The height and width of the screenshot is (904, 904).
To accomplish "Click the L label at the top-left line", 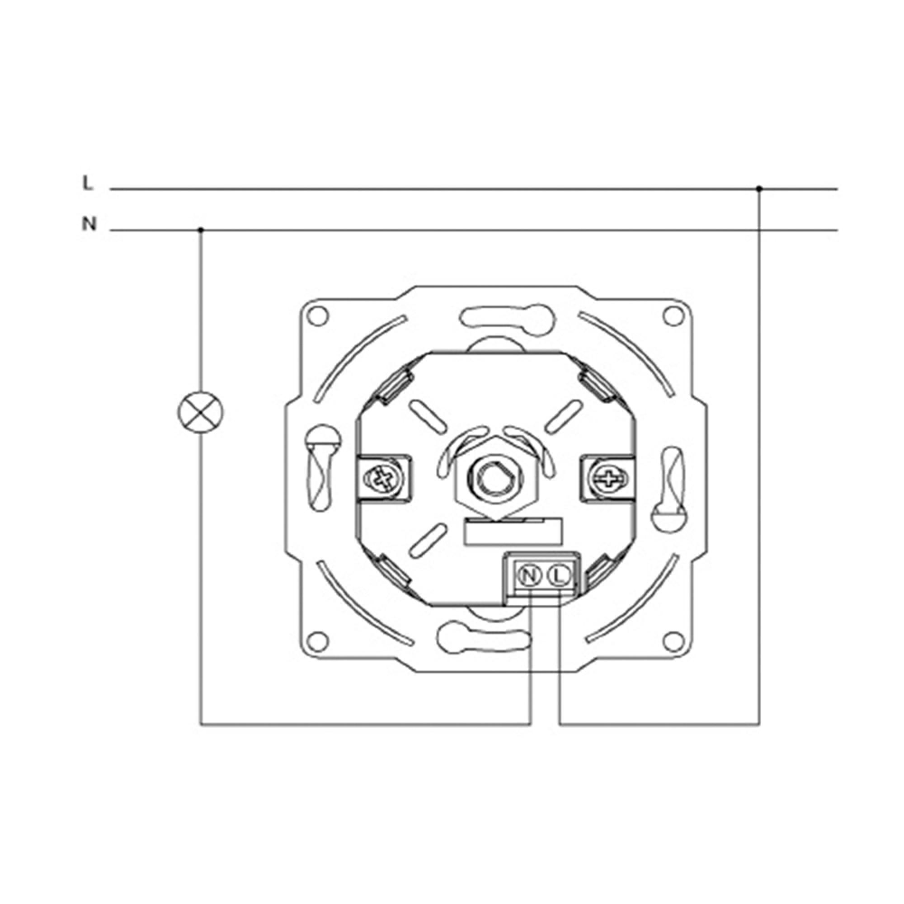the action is [x=88, y=183].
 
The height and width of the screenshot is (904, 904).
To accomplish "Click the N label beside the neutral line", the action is [x=89, y=225].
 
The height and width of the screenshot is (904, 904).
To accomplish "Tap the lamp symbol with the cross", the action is [x=201, y=412].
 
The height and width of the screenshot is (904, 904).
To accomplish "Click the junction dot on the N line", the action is [x=201, y=230].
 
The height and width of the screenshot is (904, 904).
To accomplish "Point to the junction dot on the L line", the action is [x=759, y=188].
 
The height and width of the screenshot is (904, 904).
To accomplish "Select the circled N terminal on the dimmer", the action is [x=530, y=575].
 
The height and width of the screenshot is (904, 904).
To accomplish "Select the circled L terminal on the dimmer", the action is [x=558, y=575].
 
